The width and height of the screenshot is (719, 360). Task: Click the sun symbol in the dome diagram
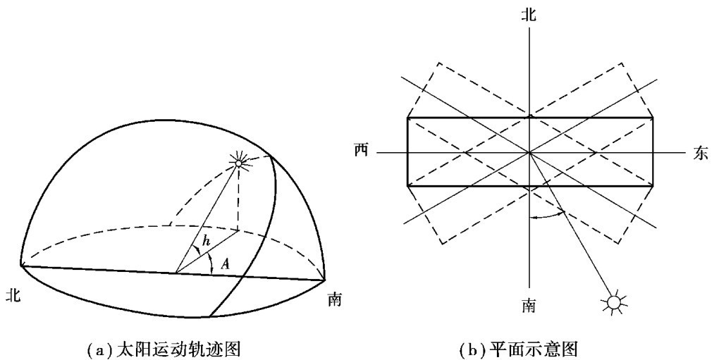(238, 163)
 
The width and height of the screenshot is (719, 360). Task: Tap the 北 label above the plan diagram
(528, 15)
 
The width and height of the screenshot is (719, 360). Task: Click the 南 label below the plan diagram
(527, 308)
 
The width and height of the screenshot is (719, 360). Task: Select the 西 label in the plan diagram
(361, 151)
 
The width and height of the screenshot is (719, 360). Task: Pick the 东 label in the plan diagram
(700, 154)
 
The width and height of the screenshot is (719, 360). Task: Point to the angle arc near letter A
(213, 262)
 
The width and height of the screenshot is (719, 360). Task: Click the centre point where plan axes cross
(529, 152)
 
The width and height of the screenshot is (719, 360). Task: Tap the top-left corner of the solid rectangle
(407, 118)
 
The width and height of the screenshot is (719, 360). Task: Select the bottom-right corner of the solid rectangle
(653, 186)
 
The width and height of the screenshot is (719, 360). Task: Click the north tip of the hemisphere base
(21, 266)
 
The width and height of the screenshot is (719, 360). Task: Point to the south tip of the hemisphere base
(326, 280)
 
